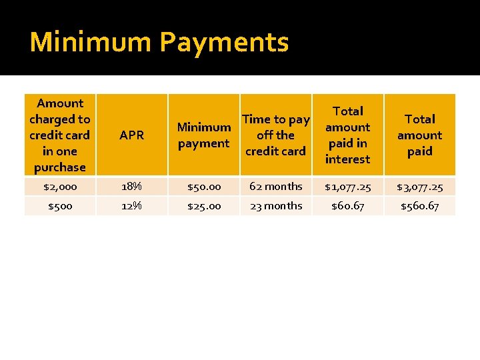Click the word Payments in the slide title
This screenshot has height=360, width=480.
click(225, 42)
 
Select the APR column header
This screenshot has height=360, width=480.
click(131, 135)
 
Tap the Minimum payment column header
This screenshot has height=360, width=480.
click(203, 135)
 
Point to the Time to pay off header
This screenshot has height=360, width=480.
click(275, 135)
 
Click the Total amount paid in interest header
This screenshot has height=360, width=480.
click(347, 135)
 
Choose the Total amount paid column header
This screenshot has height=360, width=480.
click(419, 135)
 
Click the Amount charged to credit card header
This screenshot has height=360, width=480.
click(60, 135)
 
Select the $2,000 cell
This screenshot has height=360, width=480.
click(60, 187)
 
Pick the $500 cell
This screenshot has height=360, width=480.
click(60, 206)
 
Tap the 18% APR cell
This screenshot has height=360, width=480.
click(131, 187)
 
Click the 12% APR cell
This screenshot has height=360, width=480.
click(131, 206)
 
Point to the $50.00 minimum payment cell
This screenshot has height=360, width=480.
click(203, 187)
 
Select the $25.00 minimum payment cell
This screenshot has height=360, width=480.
click(203, 206)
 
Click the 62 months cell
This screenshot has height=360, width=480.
click(275, 187)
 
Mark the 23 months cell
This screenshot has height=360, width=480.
click(275, 206)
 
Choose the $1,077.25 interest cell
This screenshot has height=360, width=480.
click(347, 187)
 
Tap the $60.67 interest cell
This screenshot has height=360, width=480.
click(347, 206)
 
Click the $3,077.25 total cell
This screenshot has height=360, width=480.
click(419, 187)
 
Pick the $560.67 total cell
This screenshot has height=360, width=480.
click(419, 206)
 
